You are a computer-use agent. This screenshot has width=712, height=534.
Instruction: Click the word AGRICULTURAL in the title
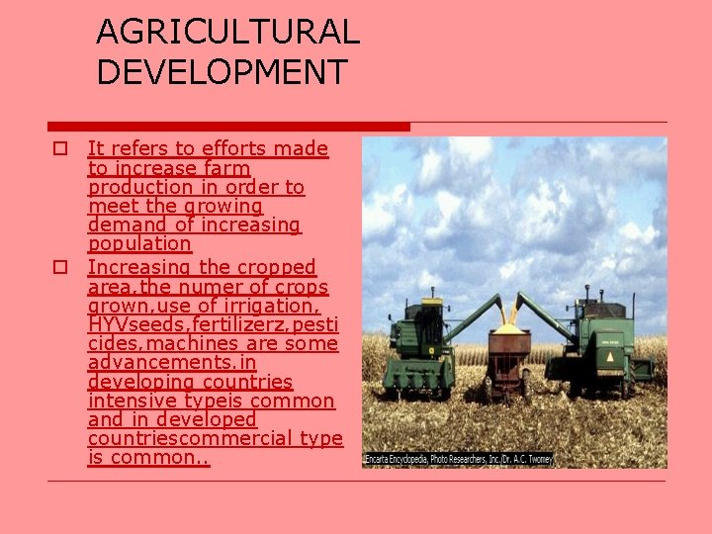227,32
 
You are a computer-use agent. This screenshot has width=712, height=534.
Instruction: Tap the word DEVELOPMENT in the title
222,71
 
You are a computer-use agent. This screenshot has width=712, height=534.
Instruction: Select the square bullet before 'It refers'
60,149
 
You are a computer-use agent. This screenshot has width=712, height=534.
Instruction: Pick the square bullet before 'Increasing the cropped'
60,268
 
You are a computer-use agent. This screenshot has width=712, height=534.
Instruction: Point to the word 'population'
139,243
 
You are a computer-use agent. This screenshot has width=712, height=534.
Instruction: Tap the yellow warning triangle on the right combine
610,355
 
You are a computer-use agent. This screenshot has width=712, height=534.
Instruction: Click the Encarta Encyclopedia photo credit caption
458,460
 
